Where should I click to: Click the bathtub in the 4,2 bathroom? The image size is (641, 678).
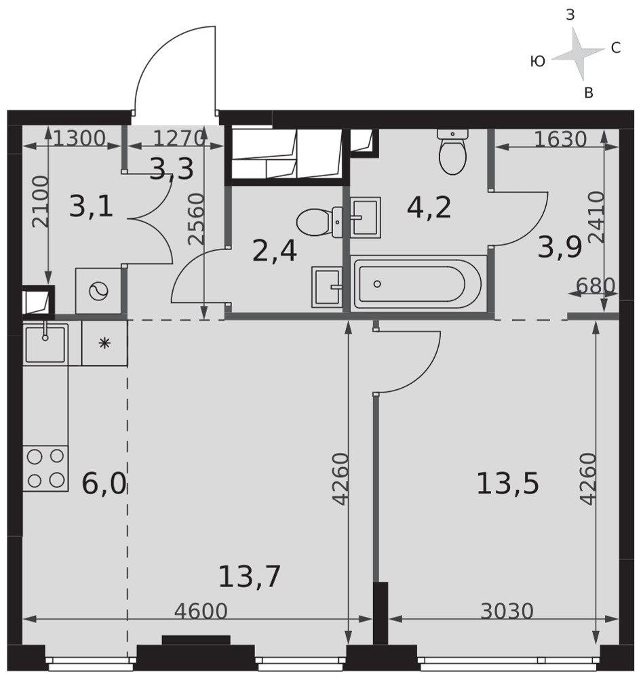pyautogui.click(x=419, y=283)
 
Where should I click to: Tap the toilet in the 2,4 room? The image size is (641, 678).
pyautogui.click(x=319, y=222)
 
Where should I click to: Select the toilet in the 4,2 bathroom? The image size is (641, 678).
pyautogui.click(x=453, y=152)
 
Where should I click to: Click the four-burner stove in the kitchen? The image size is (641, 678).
pyautogui.click(x=45, y=468)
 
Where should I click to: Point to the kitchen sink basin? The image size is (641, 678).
pyautogui.click(x=45, y=343)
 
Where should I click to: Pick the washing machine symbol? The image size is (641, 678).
pyautogui.click(x=98, y=291)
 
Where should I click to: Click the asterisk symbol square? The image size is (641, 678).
pyautogui.click(x=104, y=343)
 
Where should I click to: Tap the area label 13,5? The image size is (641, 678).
pyautogui.click(x=507, y=483)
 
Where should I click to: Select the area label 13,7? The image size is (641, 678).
pyautogui.click(x=250, y=576)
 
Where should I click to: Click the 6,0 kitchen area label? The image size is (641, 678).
pyautogui.click(x=104, y=483)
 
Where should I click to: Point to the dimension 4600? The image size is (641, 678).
pyautogui.click(x=201, y=612)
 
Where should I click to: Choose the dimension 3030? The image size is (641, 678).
pyautogui.click(x=507, y=612)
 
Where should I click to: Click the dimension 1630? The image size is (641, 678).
pyautogui.click(x=560, y=139)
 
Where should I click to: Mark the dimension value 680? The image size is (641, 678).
pyautogui.click(x=595, y=285)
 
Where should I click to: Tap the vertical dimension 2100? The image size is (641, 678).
pyautogui.click(x=41, y=201)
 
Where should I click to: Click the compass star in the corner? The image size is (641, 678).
pyautogui.click(x=578, y=54)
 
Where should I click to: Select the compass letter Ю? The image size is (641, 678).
pyautogui.click(x=537, y=62)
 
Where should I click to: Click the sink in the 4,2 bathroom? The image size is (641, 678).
pyautogui.click(x=366, y=218)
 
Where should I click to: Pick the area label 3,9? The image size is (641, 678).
pyautogui.click(x=560, y=247)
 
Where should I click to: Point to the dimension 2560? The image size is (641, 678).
pyautogui.click(x=196, y=219)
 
